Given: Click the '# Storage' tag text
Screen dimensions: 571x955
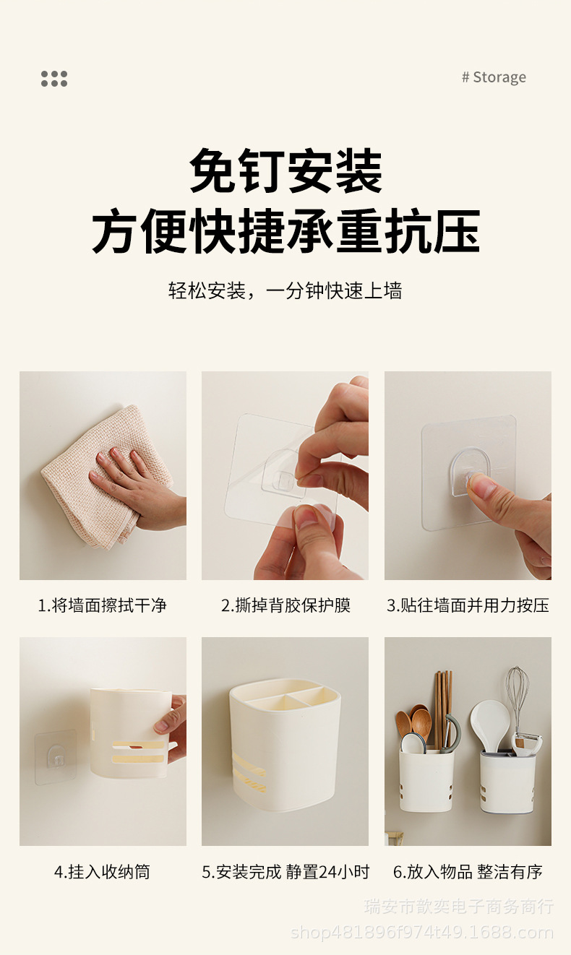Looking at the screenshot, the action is coord(494,77).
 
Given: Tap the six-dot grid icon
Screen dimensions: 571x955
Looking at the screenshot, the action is coord(54,79).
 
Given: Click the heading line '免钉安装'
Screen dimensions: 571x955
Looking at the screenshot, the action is coord(285,171).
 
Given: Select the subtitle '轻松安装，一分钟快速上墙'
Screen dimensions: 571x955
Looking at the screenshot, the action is coord(285,291).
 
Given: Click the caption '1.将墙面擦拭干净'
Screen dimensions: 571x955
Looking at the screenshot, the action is coord(103,605).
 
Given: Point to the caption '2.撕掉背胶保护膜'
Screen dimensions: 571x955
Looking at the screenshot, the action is coord(285,605).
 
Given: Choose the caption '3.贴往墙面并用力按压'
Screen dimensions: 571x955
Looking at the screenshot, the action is coord(468,605).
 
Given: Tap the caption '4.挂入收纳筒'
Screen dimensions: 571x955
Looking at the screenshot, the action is coord(103,872).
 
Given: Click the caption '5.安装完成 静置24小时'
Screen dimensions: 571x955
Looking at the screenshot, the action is coord(285,872).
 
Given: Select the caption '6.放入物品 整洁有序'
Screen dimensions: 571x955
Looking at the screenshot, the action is coord(468,872).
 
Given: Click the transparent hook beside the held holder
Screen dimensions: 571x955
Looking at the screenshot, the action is coord(56,757).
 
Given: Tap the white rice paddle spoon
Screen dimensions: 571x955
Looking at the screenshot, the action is coord(490,725).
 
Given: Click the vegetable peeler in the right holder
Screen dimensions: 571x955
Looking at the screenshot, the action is coord(527,742).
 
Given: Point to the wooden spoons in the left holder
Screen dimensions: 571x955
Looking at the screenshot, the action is coord(413,725).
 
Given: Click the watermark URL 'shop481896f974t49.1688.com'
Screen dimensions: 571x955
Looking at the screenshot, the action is coord(422,933).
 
